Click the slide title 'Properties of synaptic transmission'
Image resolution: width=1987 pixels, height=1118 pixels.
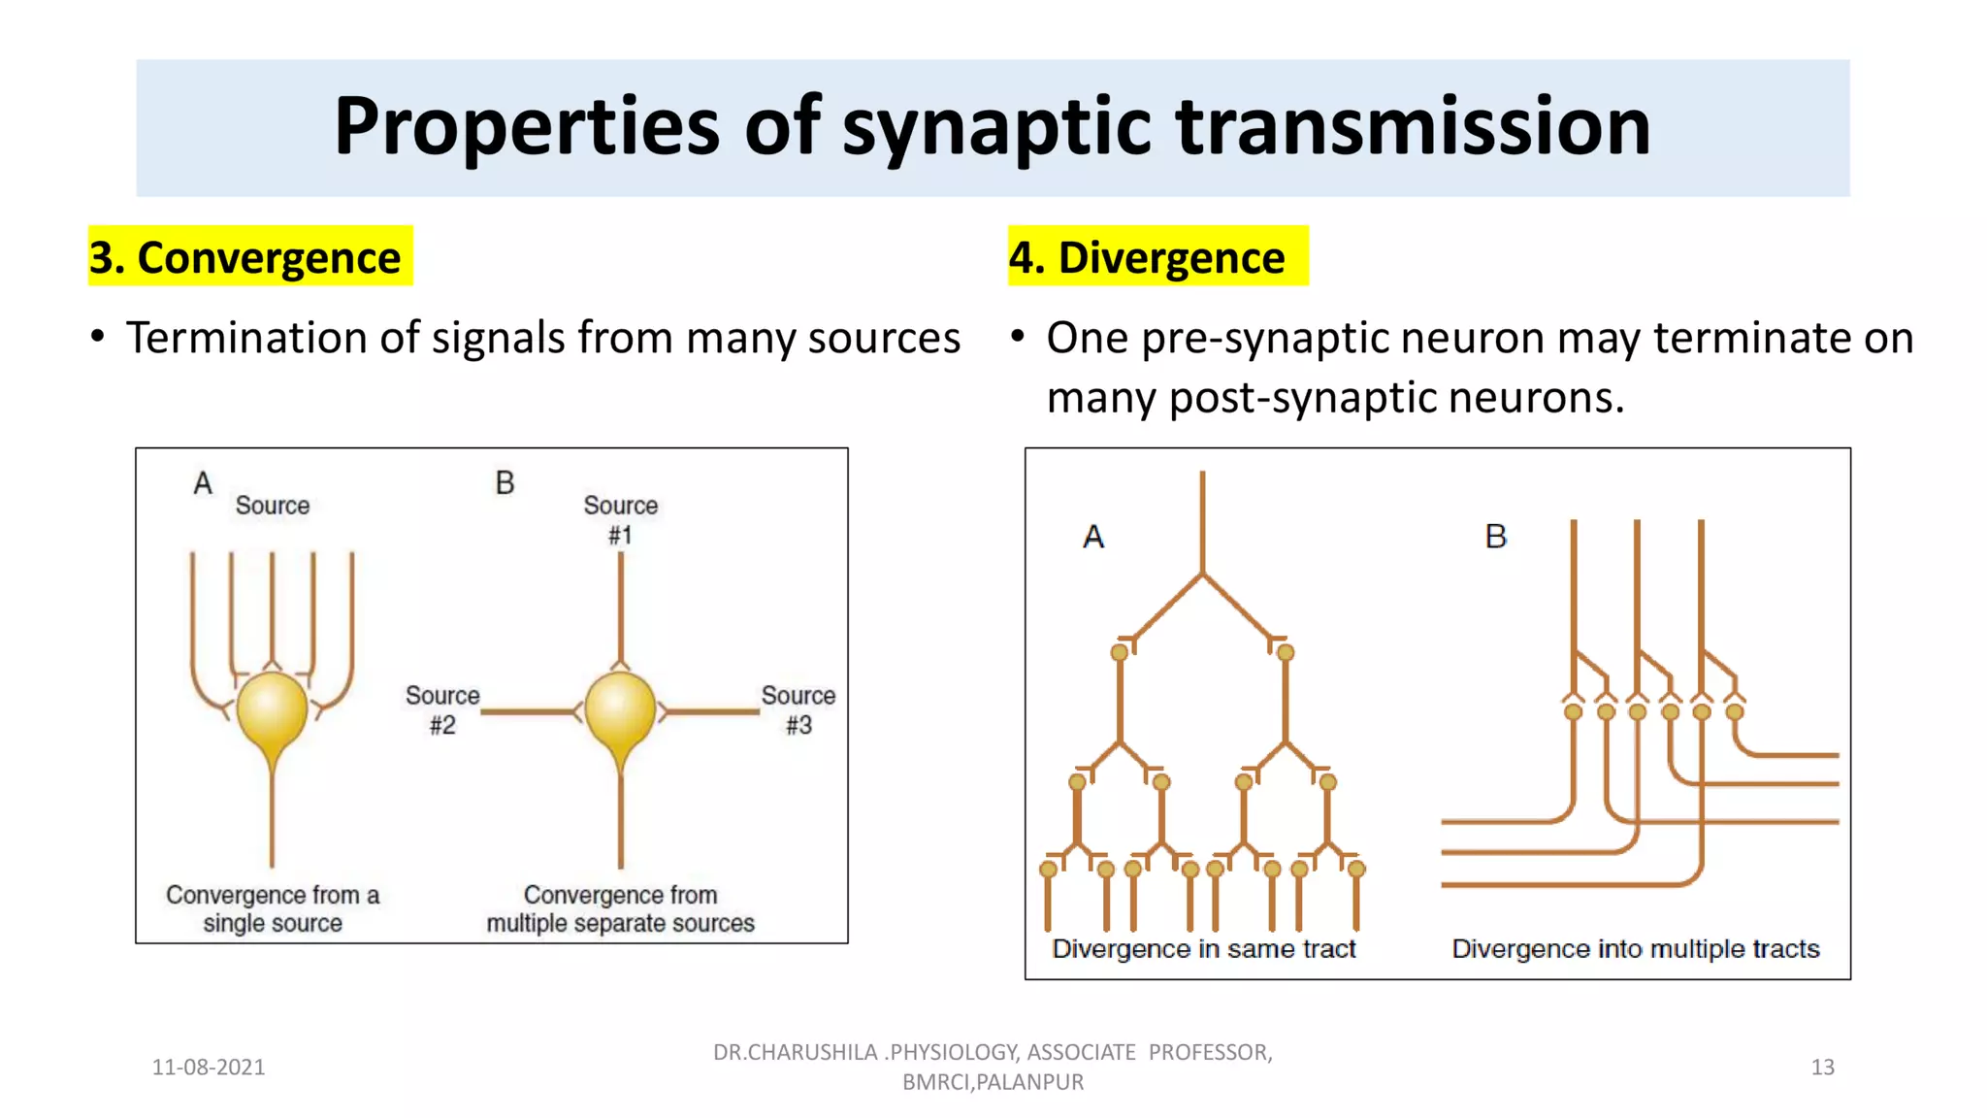coord(992,126)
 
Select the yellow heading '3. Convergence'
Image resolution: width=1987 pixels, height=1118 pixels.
coord(244,257)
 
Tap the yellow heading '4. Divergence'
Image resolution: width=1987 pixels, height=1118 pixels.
coord(1147,257)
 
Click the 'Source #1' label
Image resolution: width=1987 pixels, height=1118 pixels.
coord(620,519)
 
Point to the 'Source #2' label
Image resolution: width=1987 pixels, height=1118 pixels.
coord(442,709)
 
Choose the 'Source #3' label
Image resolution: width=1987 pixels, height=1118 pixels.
coord(798,709)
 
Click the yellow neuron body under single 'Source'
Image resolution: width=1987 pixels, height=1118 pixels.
coord(272,709)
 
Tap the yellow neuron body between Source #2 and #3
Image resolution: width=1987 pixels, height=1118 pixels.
coord(620,709)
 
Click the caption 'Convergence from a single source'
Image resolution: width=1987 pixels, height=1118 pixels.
coord(273,908)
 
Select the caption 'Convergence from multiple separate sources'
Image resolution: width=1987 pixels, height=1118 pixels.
coord(620,908)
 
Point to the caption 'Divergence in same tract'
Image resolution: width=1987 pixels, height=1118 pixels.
coord(1203,948)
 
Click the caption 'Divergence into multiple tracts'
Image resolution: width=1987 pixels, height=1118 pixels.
coord(1635,948)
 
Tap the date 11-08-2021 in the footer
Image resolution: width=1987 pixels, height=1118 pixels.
coord(209,1067)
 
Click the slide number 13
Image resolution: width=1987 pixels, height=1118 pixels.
coord(1822,1067)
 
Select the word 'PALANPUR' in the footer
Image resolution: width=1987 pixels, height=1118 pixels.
coord(1030,1081)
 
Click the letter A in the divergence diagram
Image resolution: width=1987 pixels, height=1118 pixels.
coord(1093,537)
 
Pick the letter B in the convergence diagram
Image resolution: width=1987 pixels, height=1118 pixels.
coord(505,482)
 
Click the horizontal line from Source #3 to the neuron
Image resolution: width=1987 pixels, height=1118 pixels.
coord(714,712)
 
